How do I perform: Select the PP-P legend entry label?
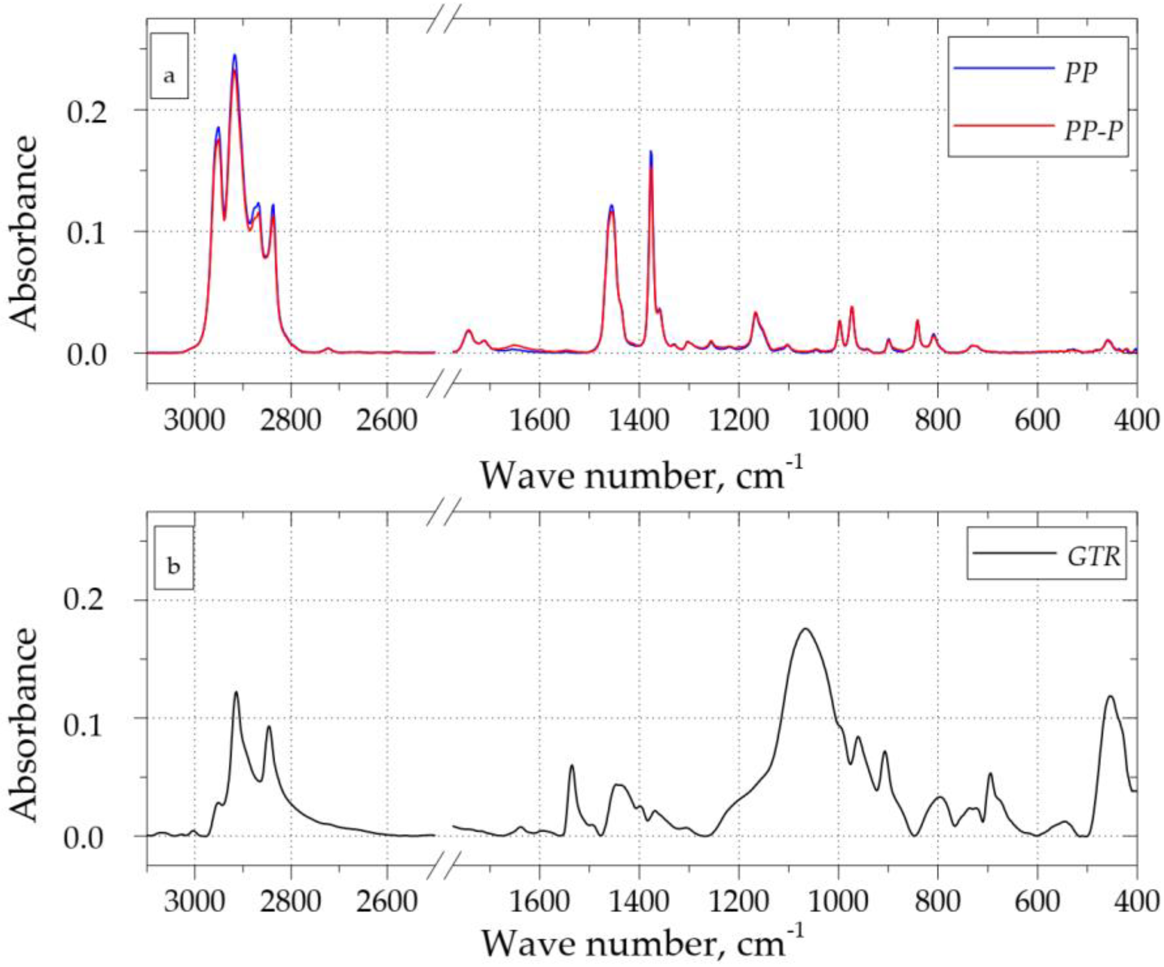tap(1089, 132)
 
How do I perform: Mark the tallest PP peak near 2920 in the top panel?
tap(235, 55)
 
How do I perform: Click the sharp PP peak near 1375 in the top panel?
tap(651, 152)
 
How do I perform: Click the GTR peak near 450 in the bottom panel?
tap(1110, 697)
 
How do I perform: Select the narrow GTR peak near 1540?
tap(572, 766)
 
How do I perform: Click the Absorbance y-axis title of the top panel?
tap(25, 233)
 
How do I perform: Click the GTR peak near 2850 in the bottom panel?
tap(269, 727)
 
